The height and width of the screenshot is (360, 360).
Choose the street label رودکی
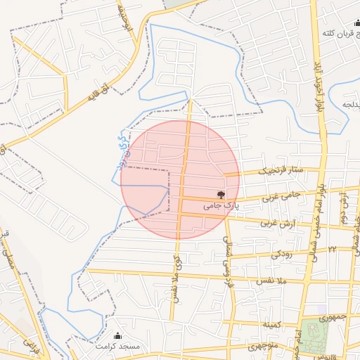pos(282,252)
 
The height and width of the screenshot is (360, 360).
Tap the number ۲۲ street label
pos(332,249)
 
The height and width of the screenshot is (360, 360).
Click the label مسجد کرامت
pos(120,347)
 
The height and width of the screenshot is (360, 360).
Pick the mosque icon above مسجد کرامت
pos(117,336)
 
